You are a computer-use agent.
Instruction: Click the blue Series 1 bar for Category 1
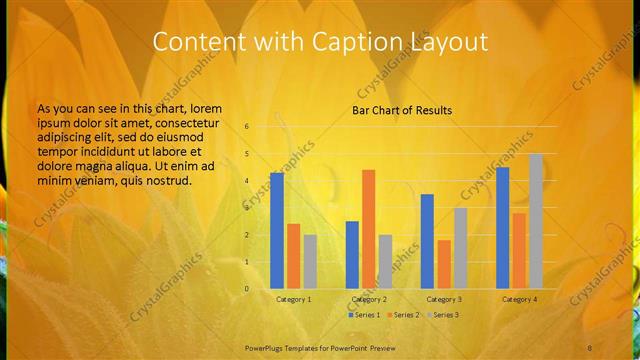coord(277,230)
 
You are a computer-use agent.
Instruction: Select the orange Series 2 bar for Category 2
coord(369,229)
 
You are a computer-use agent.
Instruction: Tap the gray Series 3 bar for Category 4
coord(536,221)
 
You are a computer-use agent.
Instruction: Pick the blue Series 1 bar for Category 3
coord(427,241)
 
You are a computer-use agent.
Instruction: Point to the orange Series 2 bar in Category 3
coord(444,264)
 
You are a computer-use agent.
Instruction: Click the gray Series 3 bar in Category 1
coord(310,261)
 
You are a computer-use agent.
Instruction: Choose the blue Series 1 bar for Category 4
coord(502,227)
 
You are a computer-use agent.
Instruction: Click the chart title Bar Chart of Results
coord(402,110)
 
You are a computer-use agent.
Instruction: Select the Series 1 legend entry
coord(363,315)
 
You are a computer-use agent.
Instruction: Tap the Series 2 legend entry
coord(402,315)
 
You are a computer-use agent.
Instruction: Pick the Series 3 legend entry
coord(442,315)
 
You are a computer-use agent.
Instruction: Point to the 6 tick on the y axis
coord(247,127)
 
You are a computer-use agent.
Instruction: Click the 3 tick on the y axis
coord(247,208)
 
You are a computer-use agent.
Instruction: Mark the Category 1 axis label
coord(293,299)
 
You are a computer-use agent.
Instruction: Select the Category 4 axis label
coord(519,299)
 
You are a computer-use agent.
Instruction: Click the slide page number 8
coord(590,346)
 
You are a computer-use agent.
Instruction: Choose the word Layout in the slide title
coord(448,42)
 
